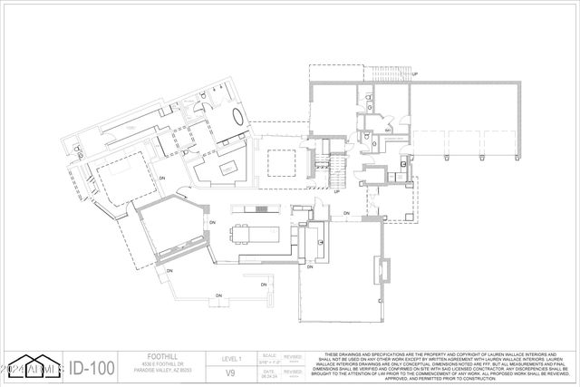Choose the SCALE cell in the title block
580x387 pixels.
[x=269, y=359]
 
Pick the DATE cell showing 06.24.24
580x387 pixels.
[x=269, y=372]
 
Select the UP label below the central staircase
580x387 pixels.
[x=336, y=191]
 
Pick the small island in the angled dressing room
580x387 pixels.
[x=224, y=168]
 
